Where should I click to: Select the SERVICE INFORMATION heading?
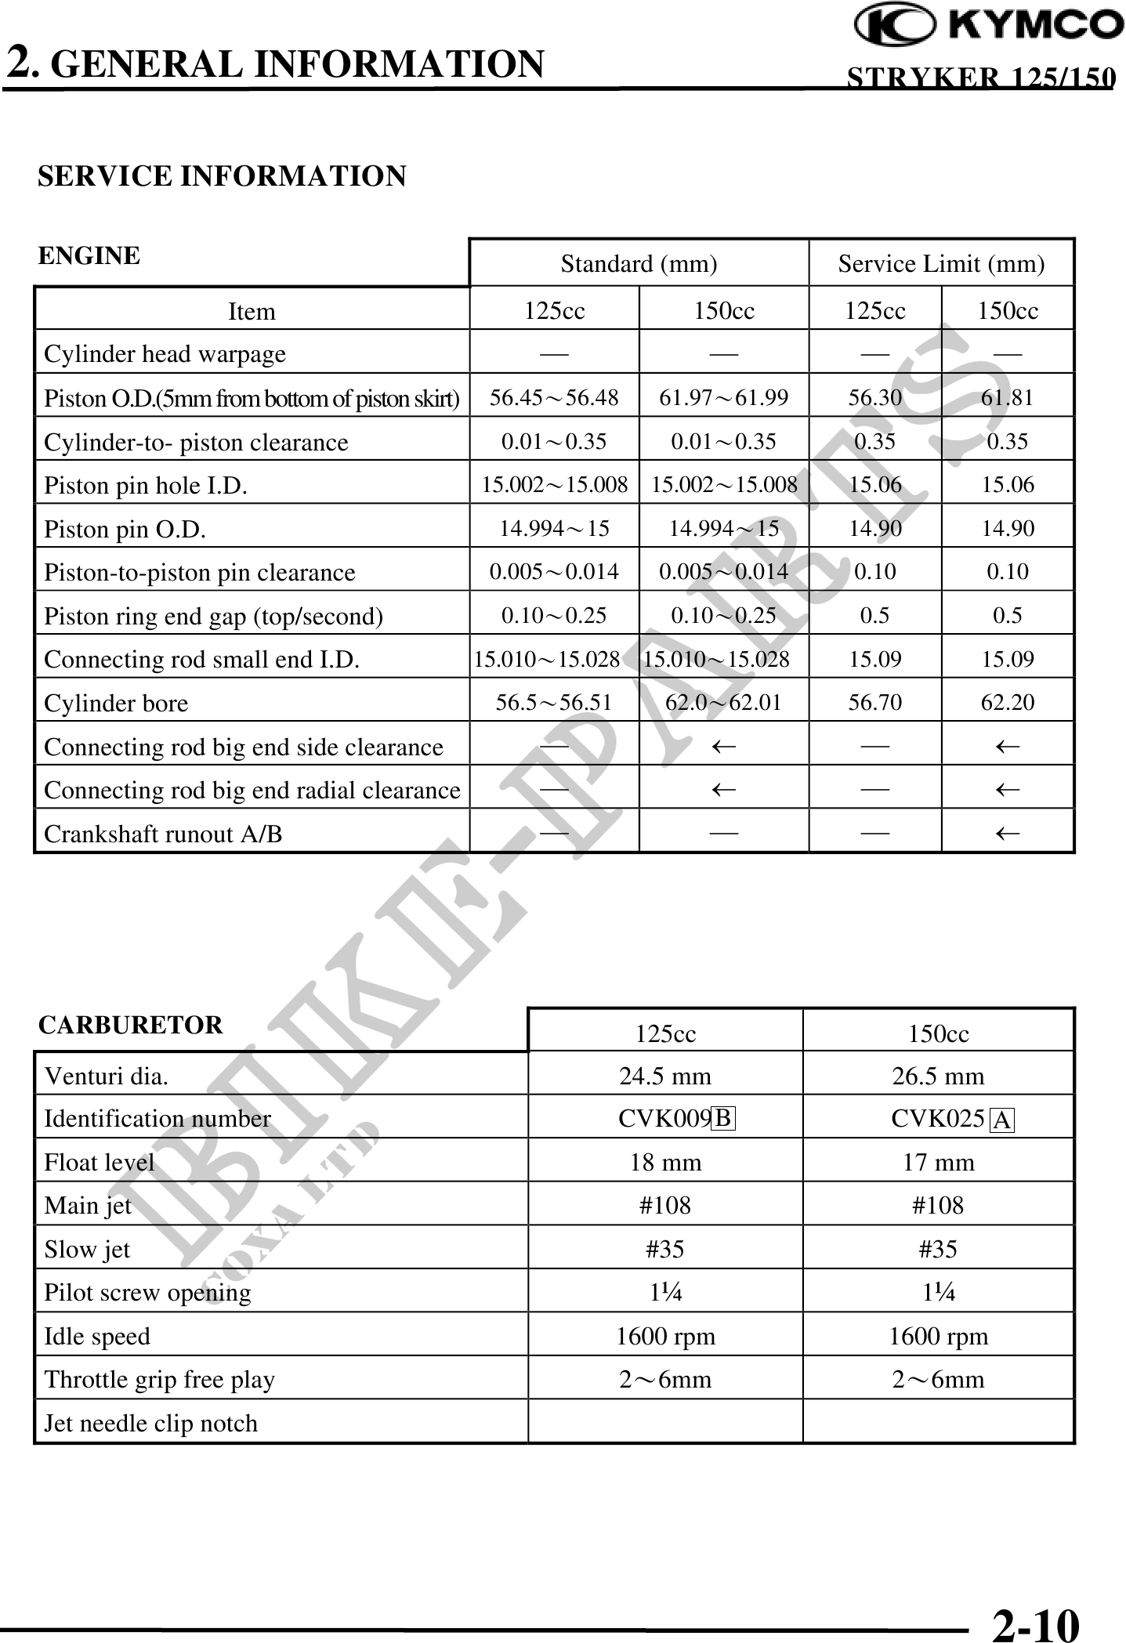pos(222,176)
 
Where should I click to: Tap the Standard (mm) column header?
pos(639,264)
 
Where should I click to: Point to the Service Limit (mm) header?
pos(941,264)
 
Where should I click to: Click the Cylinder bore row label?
pos(116,703)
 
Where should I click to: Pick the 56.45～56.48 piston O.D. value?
pos(554,398)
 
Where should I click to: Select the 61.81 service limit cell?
pos(1007,398)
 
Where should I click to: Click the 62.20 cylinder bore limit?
pos(1007,702)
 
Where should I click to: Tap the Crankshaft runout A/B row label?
pos(163,834)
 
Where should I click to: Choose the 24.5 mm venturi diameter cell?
pos(665,1076)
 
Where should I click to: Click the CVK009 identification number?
pos(664,1118)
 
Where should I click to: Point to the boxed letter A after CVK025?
pos(1002,1120)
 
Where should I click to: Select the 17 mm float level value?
pos(938,1161)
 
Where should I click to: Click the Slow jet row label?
pos(87,1249)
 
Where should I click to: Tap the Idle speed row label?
pos(97,1336)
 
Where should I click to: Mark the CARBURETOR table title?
pos(131,1025)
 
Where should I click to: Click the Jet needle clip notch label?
pos(150,1423)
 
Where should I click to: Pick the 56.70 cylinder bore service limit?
pos(874,702)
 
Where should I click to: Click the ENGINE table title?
pos(89,255)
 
